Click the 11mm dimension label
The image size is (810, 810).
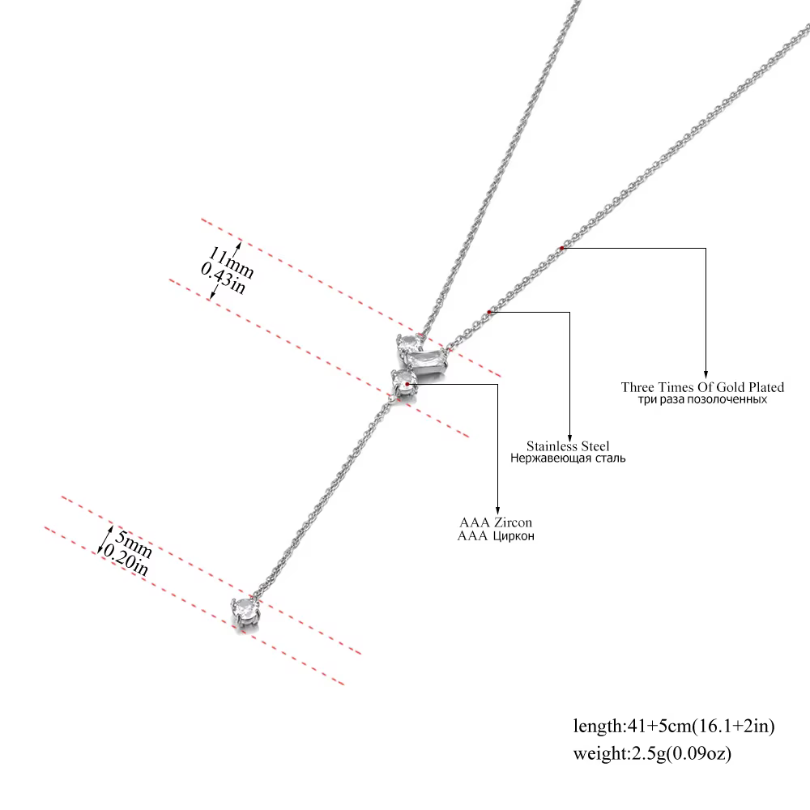[x=231, y=262]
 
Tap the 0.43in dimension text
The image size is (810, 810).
[x=224, y=278]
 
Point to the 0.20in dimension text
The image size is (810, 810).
[x=126, y=560]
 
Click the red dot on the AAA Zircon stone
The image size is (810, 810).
[x=407, y=384]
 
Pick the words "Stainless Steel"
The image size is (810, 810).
[x=568, y=446]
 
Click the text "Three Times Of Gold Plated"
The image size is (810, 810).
[x=702, y=387]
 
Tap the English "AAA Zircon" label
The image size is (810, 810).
[x=496, y=522]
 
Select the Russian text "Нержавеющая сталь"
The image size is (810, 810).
[x=568, y=458]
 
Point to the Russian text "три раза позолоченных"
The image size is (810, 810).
[x=702, y=399]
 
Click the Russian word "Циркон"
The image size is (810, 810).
[x=514, y=536]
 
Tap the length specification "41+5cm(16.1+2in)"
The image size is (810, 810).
[x=701, y=726]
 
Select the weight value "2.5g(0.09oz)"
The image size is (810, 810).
[x=680, y=753]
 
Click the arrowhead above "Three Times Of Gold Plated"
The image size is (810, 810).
[x=706, y=374]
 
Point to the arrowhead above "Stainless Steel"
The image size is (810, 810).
[x=569, y=437]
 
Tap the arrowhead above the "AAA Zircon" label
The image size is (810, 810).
[x=498, y=509]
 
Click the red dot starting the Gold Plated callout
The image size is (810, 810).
[x=562, y=249]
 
